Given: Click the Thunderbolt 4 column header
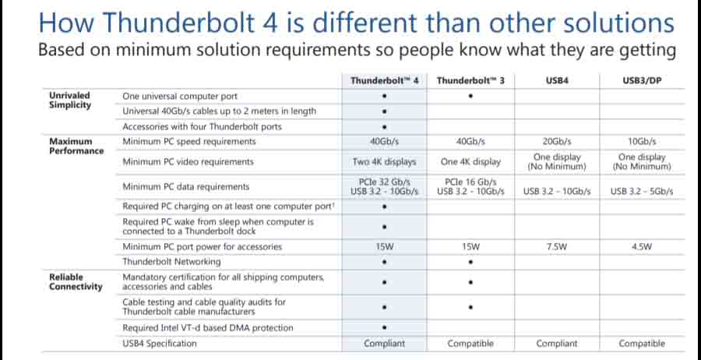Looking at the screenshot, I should tap(385, 80).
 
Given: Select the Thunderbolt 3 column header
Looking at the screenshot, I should tap(470, 80).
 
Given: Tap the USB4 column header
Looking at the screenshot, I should tap(557, 80).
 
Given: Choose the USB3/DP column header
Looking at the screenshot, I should tap(642, 80).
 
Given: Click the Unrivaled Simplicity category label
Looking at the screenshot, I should tap(69, 100).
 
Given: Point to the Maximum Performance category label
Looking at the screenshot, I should tap(76, 146).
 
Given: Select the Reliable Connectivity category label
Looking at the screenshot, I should tap(75, 281).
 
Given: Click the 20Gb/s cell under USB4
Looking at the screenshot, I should tap(557, 142).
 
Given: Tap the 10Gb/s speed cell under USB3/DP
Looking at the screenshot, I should tap(642, 142).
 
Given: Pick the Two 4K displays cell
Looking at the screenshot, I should tap(384, 162).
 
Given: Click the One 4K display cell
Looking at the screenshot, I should tap(470, 162).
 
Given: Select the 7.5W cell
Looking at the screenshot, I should tap(557, 247).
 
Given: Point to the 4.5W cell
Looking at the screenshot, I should tap(642, 247).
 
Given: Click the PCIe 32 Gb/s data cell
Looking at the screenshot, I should tap(384, 182).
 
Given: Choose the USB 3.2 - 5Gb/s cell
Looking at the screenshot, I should tap(642, 191).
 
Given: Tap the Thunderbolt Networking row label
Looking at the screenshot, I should tap(171, 262).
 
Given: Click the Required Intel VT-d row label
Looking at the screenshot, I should tap(208, 328).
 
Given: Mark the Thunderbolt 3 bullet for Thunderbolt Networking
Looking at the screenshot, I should tap(470, 262).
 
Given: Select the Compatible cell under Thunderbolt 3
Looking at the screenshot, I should tap(470, 344).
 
